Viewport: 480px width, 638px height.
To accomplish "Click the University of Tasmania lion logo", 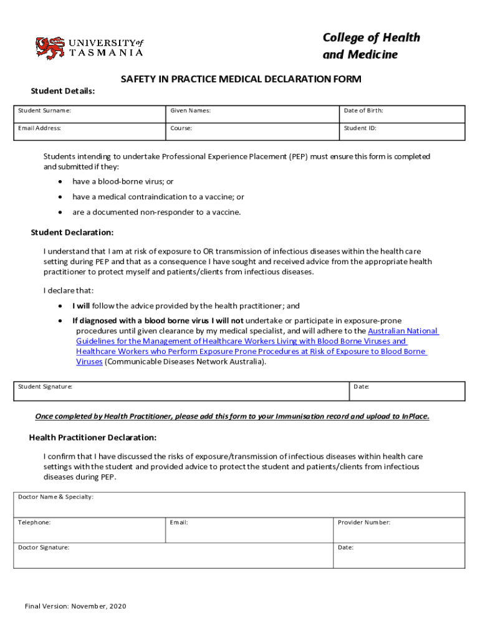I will (x=50, y=47).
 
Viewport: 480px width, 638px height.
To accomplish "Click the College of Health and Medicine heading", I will (x=371, y=46).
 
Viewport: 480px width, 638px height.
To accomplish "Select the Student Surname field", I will (x=89, y=114).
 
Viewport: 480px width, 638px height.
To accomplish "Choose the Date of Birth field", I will (x=402, y=114).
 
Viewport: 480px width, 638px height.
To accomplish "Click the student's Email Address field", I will (x=89, y=131).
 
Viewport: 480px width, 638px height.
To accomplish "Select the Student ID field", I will (x=402, y=131).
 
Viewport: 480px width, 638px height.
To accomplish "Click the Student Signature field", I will (x=181, y=391).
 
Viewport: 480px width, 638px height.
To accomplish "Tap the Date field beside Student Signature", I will (x=406, y=391).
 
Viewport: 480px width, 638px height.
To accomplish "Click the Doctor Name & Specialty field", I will (x=239, y=505).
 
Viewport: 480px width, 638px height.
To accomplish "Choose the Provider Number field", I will (x=399, y=530).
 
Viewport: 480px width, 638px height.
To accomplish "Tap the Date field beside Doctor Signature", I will (x=399, y=556).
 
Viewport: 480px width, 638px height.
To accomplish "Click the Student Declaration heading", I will (x=72, y=232).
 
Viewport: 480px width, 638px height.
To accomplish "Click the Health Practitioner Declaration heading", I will (x=93, y=437).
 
